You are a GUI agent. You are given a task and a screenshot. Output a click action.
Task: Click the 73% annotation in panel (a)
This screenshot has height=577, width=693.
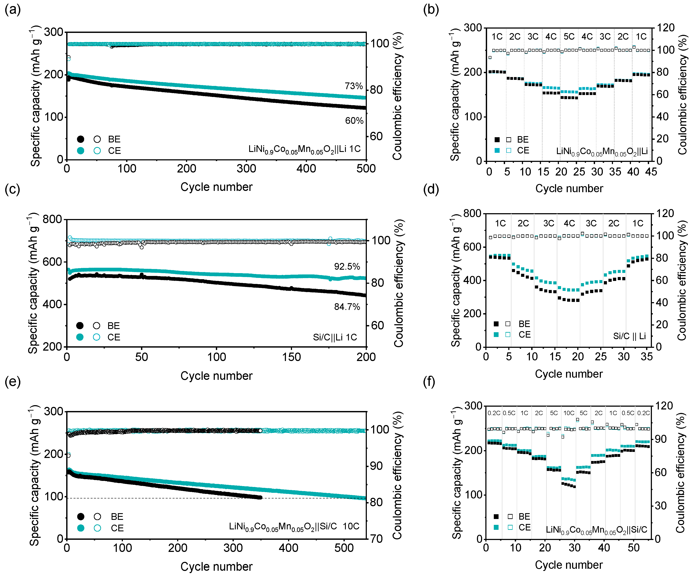(x=354, y=86)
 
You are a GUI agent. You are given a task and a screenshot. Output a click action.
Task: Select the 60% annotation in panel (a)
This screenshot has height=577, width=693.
(x=354, y=121)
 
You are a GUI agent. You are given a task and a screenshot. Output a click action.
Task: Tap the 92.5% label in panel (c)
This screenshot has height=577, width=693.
(x=347, y=267)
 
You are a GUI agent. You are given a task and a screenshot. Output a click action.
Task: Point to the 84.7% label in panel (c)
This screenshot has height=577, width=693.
(x=347, y=307)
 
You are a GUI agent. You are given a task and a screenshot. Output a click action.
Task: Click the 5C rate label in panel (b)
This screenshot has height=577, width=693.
(x=569, y=36)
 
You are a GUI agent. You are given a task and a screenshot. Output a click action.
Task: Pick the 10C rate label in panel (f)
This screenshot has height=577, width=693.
(x=569, y=413)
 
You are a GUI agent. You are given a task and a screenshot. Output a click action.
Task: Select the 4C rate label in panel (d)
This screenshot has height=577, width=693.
(x=569, y=223)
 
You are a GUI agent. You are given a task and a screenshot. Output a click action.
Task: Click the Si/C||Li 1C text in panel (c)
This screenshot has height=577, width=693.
(x=335, y=337)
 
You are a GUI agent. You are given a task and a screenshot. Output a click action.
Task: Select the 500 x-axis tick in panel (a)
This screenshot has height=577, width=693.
(x=366, y=169)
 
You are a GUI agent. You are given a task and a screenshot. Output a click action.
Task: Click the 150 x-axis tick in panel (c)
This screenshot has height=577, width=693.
(x=291, y=357)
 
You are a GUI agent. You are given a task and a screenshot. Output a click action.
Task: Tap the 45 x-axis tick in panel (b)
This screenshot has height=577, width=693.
(x=651, y=172)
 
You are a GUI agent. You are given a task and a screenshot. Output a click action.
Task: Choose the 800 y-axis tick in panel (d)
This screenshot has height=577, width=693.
(x=472, y=213)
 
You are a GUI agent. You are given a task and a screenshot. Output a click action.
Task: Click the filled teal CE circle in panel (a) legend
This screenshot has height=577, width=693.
(x=80, y=151)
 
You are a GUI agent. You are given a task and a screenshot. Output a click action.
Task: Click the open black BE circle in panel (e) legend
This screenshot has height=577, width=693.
(x=97, y=517)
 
